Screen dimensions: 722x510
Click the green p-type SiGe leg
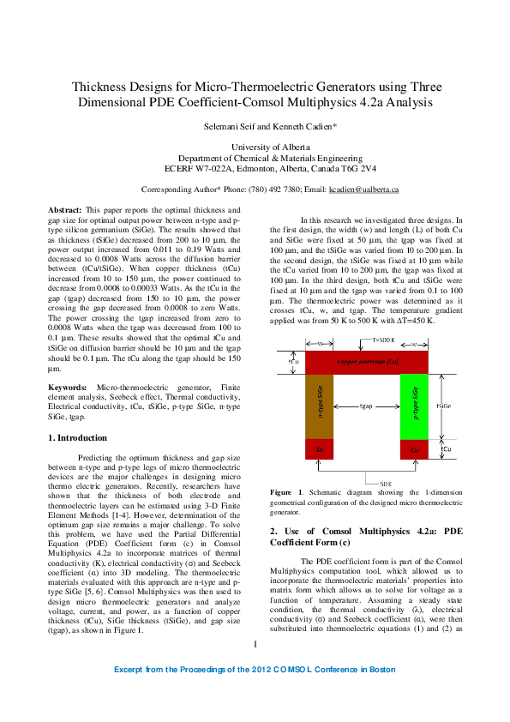coord(414,406)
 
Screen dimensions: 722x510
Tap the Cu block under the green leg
coord(414,448)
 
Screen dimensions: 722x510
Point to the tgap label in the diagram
coord(366,406)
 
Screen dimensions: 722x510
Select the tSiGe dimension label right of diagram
coord(445,406)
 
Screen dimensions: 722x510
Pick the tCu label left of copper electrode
coord(294,361)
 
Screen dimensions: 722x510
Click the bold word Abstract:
coord(64,209)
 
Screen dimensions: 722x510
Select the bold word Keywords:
coord(68,388)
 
